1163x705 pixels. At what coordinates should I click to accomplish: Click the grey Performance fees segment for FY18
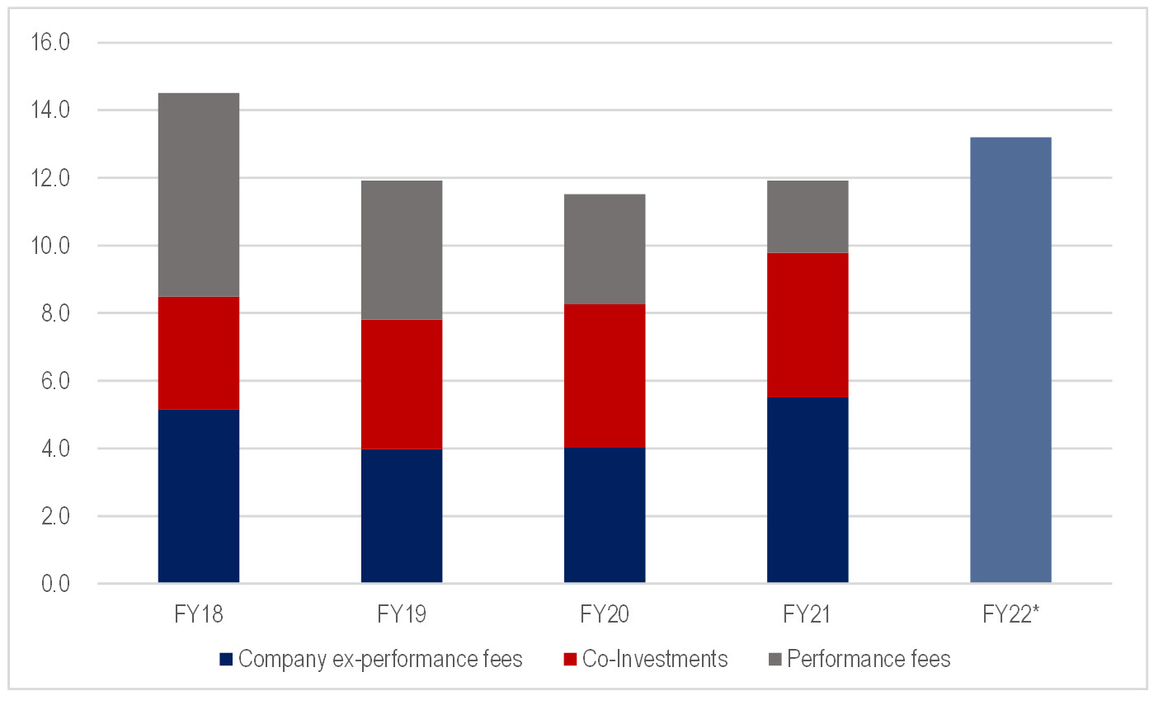(x=198, y=195)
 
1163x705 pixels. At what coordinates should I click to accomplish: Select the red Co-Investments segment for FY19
(x=402, y=384)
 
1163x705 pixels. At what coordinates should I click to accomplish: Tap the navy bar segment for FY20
(x=605, y=515)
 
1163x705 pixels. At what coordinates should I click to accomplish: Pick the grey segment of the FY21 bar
(x=808, y=216)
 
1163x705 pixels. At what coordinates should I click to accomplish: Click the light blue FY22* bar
(x=1010, y=360)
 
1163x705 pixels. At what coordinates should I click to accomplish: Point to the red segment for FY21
(x=808, y=325)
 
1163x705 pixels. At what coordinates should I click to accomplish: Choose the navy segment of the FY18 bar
(x=198, y=496)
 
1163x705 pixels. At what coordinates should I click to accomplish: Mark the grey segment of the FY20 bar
(x=605, y=249)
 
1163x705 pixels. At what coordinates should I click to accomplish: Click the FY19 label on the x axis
(x=402, y=615)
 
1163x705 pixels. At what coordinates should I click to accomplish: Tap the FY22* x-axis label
(x=1010, y=615)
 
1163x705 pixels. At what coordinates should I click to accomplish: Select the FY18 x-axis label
(x=198, y=615)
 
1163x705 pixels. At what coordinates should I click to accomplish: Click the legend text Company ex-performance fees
(x=380, y=660)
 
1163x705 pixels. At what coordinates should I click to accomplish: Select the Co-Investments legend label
(x=655, y=660)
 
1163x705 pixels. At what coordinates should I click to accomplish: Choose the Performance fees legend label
(x=869, y=660)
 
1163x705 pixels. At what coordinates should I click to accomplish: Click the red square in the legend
(x=570, y=660)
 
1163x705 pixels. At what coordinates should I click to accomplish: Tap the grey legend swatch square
(x=775, y=660)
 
